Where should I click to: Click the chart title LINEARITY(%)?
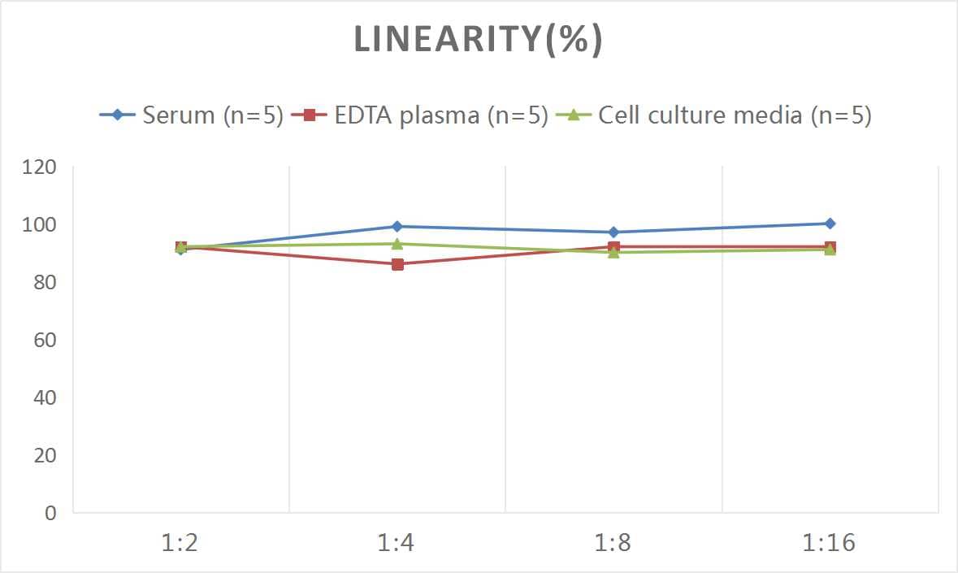pos(479,40)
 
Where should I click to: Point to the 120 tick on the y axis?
pos(41,167)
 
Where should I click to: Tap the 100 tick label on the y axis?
pos(41,225)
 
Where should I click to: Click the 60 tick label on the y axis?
pos(46,340)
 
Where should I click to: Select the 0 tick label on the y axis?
pos(50,513)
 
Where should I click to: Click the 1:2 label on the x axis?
pos(180,543)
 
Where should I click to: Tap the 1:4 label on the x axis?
pos(397,543)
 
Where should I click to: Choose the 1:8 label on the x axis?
pos(613,543)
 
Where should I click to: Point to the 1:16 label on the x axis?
pos(830,543)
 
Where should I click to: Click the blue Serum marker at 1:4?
pos(397,227)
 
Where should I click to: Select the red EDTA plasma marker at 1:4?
pos(397,264)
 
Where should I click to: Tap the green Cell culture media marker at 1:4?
pos(397,243)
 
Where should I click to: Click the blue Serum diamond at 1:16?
pos(830,224)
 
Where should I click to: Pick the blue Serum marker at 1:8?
pos(613,232)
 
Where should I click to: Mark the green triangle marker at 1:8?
pos(613,252)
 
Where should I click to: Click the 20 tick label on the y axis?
pos(46,455)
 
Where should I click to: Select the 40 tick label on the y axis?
pos(46,397)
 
